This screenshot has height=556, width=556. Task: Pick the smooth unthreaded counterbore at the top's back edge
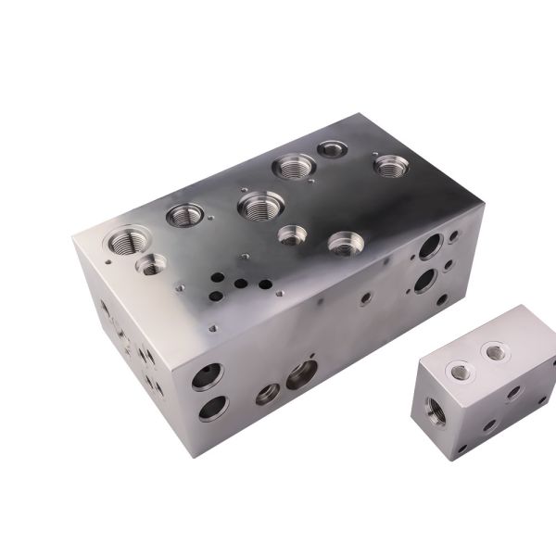pos(331,148)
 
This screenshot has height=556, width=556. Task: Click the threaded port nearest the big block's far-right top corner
pos(389,167)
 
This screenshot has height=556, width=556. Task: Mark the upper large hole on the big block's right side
pos(429,246)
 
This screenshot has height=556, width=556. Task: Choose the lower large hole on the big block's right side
pos(425,280)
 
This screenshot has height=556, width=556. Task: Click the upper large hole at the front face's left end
pos(207,375)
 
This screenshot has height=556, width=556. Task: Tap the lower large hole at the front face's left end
pos(212,407)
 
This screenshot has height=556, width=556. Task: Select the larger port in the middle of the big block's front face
pos(301,375)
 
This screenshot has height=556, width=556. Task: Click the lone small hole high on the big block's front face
pos(365,299)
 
